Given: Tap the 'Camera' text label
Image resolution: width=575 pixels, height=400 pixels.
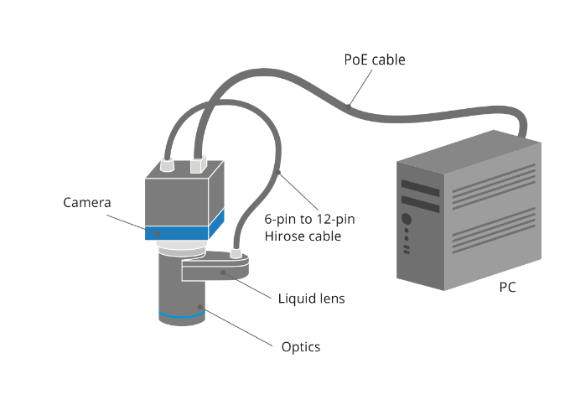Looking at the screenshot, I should pyautogui.click(x=86, y=202).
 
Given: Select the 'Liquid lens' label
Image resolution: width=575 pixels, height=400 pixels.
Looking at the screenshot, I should pyautogui.click(x=310, y=298).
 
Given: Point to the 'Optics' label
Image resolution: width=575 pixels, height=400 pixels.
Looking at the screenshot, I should pyautogui.click(x=300, y=346).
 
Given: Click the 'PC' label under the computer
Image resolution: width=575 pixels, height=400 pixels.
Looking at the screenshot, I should pyautogui.click(x=506, y=288).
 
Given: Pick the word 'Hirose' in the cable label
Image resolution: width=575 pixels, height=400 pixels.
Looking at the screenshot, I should pyautogui.click(x=284, y=236).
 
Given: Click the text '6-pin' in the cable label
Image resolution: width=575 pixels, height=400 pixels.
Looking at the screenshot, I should pyautogui.click(x=280, y=219).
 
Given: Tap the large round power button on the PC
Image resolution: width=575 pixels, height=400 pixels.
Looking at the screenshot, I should pyautogui.click(x=407, y=220).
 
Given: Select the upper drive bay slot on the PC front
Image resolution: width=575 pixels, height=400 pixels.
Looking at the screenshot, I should pyautogui.click(x=420, y=186).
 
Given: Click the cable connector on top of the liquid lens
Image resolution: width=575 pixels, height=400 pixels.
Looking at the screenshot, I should pyautogui.click(x=236, y=251).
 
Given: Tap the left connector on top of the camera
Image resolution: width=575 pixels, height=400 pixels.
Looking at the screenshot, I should pyautogui.click(x=167, y=167).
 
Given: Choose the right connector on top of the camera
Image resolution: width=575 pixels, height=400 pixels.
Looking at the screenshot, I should pyautogui.click(x=198, y=165).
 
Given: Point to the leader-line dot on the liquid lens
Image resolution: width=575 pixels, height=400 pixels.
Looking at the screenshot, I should pyautogui.click(x=222, y=273).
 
